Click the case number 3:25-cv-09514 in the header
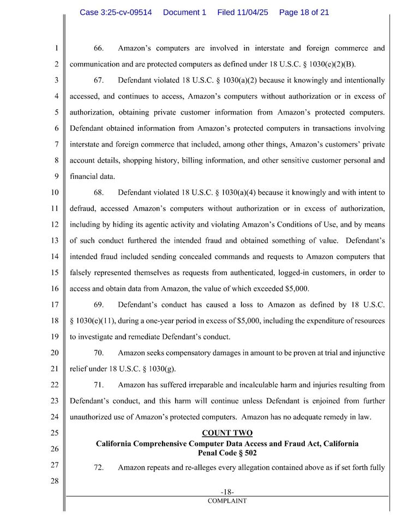[x=116, y=12]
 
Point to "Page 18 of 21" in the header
[x=304, y=12]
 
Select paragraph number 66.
[x=99, y=49]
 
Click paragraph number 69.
[x=99, y=304]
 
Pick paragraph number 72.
[x=99, y=467]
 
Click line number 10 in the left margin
[x=55, y=193]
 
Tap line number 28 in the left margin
[x=55, y=481]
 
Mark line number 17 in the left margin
[x=55, y=304]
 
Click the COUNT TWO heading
[x=227, y=433]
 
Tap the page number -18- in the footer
[x=227, y=492]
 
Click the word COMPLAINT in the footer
[x=227, y=501]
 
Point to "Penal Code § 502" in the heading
[x=227, y=453]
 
